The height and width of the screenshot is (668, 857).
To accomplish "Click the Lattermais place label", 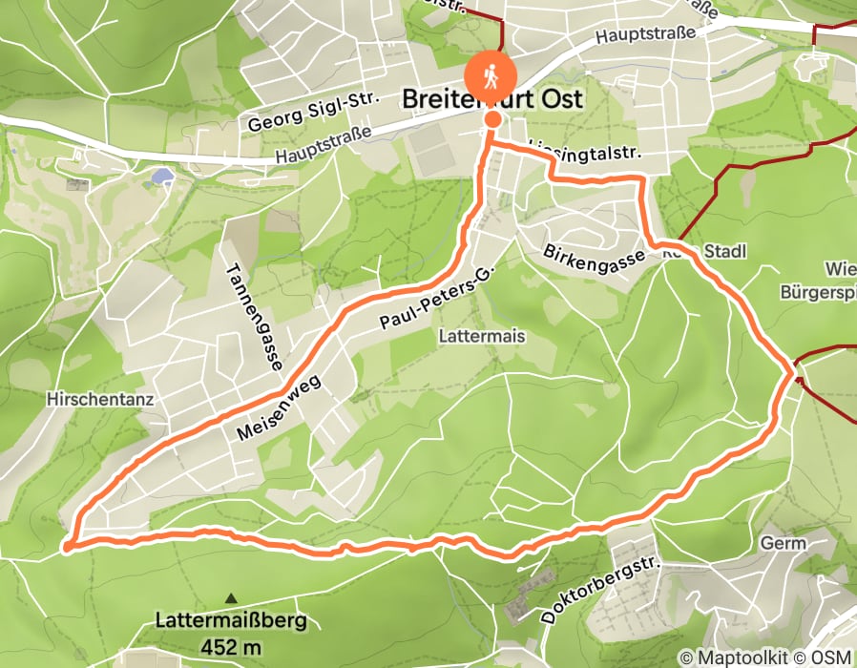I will [x=482, y=337].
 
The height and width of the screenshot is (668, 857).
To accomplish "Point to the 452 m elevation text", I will [x=230, y=646].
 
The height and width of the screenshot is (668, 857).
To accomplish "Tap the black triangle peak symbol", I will [x=230, y=598].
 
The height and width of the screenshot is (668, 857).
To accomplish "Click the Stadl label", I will [x=724, y=251].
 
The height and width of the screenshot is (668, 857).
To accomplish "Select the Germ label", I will [x=784, y=543].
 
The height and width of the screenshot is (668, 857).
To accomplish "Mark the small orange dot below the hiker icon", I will [x=492, y=119].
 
